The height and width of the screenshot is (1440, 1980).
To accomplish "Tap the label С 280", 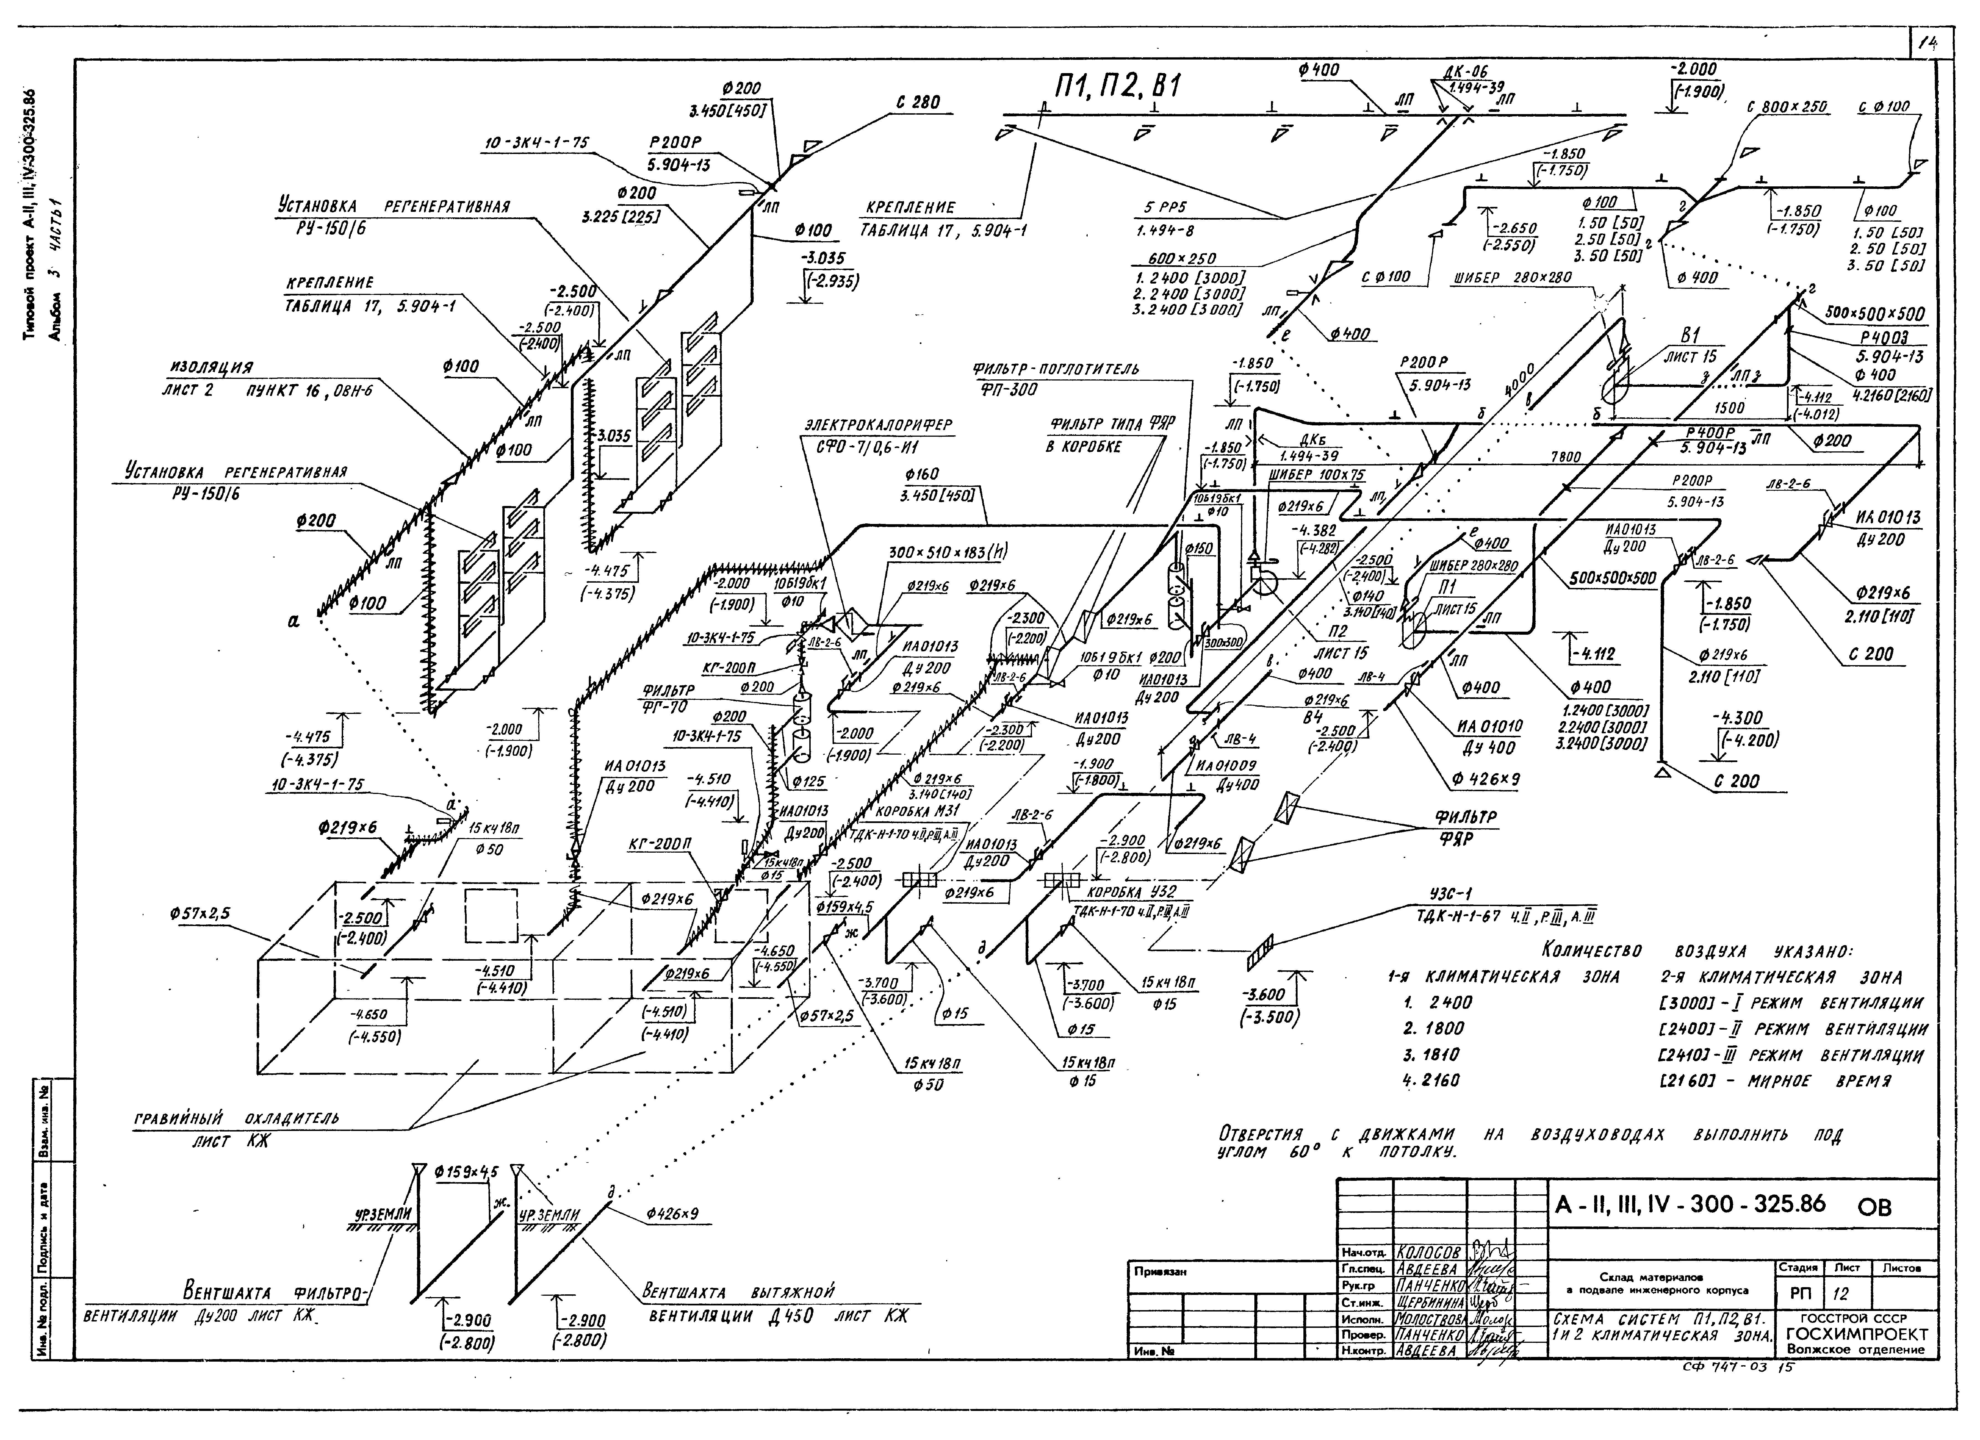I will click(x=918, y=102).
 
